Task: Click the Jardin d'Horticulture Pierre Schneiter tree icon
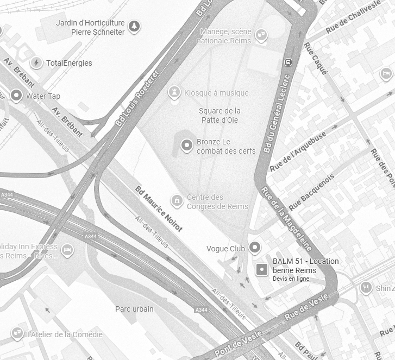tap(134, 26)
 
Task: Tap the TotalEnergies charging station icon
tap(36, 63)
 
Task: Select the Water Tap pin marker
tap(16, 96)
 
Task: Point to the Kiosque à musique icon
tap(174, 92)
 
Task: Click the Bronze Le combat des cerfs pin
tap(187, 146)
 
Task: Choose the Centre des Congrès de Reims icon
tap(177, 201)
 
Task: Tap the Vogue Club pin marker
tap(255, 249)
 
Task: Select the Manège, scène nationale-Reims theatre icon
tap(261, 36)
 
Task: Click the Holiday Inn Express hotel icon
tap(67, 250)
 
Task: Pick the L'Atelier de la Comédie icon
tap(17, 333)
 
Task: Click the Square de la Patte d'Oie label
tap(220, 115)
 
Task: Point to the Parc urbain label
tap(134, 309)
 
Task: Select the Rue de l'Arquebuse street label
tap(298, 151)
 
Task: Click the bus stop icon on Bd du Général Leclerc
tap(289, 61)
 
